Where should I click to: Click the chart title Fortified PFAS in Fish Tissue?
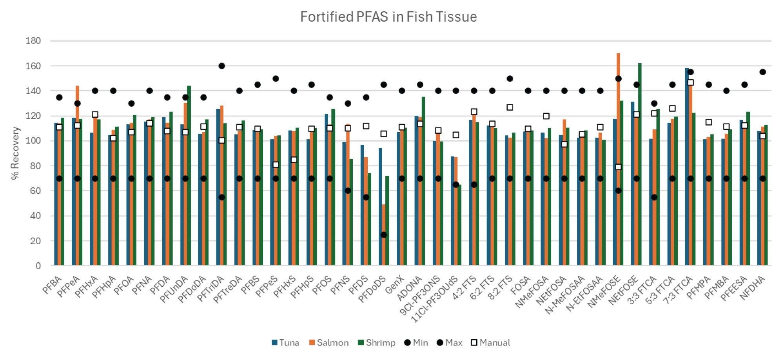(388, 17)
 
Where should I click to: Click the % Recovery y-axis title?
(15, 153)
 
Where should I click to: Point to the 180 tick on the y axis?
(33, 41)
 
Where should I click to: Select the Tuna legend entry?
(285, 343)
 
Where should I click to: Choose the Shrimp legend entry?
(376, 343)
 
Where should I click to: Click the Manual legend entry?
(490, 343)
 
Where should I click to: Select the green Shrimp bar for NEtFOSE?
(640, 165)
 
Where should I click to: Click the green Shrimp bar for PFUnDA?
(189, 176)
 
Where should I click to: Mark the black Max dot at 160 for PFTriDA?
(221, 66)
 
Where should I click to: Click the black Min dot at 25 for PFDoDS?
(384, 235)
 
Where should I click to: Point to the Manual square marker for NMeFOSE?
(618, 167)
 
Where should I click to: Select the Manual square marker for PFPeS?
(276, 165)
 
